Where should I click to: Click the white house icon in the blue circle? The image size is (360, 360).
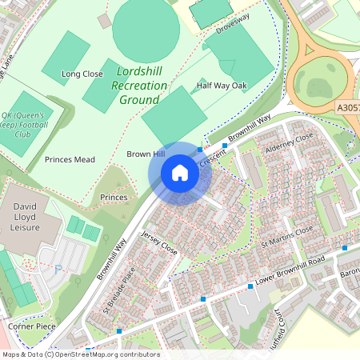[x=180, y=173]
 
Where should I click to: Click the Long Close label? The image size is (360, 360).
[x=82, y=74]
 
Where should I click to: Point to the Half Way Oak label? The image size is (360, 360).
[x=222, y=85]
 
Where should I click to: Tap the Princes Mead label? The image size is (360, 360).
[x=70, y=159]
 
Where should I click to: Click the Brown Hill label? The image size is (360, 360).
[x=146, y=153]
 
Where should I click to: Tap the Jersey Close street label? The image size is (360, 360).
[x=158, y=242]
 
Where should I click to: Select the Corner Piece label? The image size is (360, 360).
[x=30, y=326]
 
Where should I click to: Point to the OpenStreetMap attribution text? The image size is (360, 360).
[x=80, y=354]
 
